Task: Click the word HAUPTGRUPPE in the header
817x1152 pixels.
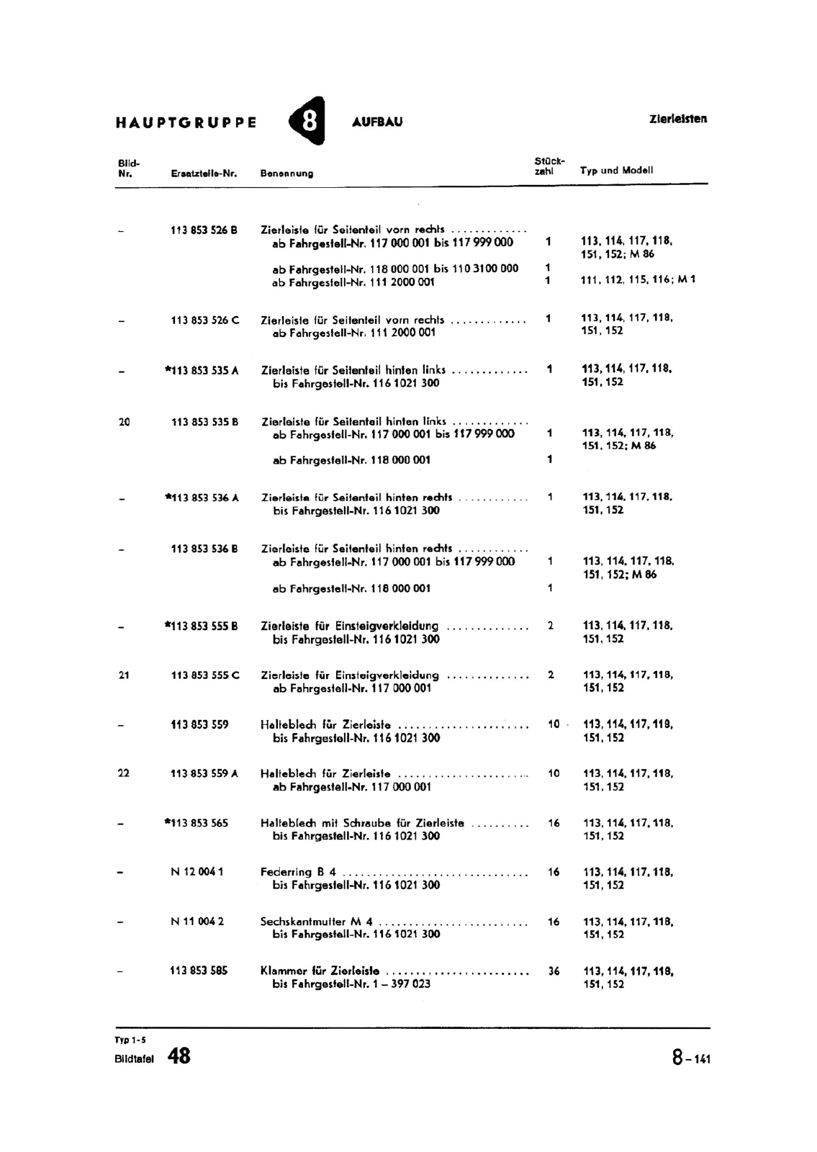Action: [186, 122]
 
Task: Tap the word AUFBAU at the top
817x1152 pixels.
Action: [377, 122]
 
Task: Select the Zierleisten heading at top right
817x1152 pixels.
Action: [678, 119]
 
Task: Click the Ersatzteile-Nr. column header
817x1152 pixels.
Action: [204, 174]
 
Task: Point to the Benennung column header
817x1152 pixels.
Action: [286, 174]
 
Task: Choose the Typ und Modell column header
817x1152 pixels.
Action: [616, 171]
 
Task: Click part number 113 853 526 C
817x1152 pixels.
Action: [205, 320]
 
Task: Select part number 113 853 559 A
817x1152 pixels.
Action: [204, 773]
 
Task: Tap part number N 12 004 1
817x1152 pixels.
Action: [197, 872]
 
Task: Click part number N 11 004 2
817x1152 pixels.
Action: [197, 921]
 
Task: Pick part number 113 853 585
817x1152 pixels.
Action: [199, 971]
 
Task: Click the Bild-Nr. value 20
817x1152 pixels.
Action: [124, 422]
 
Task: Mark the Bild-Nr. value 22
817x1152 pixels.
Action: [123, 773]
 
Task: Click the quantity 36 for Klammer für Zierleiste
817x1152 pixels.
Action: [554, 971]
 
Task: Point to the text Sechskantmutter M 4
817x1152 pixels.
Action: [317, 921]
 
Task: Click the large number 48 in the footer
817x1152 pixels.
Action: [179, 1056]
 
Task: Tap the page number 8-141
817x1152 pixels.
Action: [691, 1058]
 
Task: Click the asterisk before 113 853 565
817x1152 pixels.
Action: [167, 822]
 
